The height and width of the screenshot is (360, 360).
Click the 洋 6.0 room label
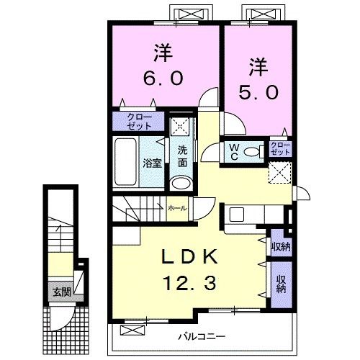[x=163, y=64]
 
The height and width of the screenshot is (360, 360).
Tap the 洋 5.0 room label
[x=258, y=78]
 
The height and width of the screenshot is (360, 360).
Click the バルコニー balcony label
[x=202, y=336]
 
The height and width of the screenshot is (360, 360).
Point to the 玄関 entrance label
[x=62, y=292]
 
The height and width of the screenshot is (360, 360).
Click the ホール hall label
[x=177, y=208]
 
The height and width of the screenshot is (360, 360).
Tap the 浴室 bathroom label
[x=152, y=163]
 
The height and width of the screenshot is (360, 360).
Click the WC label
[x=234, y=152]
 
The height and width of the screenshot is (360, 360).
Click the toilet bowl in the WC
[x=251, y=152]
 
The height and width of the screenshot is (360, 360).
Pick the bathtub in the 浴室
[x=125, y=162]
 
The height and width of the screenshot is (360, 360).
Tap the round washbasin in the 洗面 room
[x=181, y=184]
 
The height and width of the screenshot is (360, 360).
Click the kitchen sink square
[x=237, y=215]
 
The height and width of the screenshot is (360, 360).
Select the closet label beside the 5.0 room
[x=280, y=148]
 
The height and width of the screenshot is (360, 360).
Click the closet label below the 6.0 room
[x=139, y=122]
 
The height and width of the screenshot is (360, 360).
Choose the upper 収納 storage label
[x=281, y=246]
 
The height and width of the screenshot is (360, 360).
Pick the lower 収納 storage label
[x=281, y=284]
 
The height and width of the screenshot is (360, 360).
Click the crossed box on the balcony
[x=132, y=330]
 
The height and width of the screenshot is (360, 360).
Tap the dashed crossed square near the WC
[x=280, y=172]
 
